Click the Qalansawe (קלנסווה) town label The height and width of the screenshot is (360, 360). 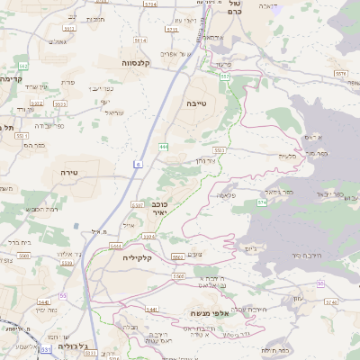140,63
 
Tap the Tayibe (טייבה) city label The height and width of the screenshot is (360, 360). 196,103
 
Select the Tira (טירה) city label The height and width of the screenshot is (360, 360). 70,171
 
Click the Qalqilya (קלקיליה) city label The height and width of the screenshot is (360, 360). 141,257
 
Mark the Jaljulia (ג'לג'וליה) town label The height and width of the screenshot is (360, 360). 69,346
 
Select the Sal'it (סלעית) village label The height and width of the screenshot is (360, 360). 287,157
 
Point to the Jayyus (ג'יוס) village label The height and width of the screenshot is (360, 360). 251,248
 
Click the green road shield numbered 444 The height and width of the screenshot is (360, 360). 163,145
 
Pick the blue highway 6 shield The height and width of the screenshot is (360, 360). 139,165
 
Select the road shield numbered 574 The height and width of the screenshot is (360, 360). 262,202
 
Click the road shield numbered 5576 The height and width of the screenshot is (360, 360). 338,73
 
